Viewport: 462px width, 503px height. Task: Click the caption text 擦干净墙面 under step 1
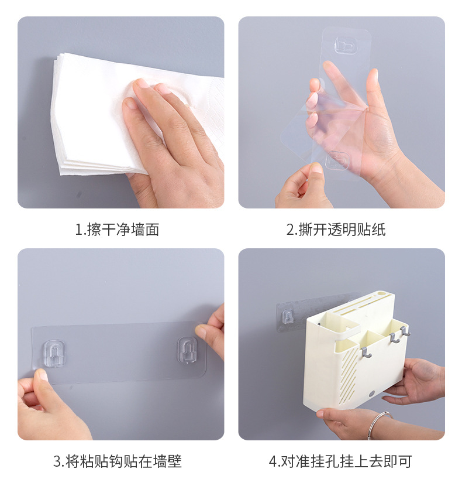click(123, 230)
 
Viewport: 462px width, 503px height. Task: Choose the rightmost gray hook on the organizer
click(405, 331)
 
